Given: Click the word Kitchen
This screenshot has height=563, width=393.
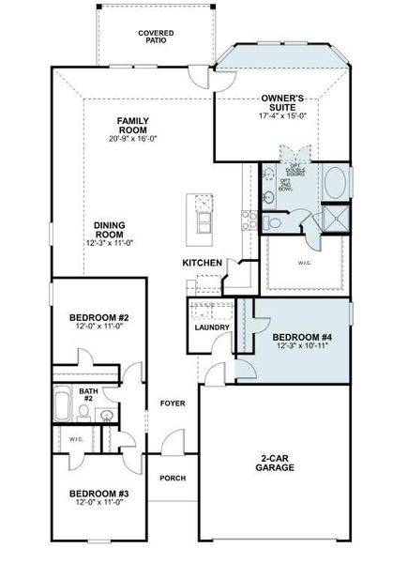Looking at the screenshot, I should [202, 263].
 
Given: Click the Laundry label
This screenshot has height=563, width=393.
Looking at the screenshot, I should [212, 327].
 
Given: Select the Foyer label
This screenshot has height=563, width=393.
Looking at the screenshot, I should [172, 403].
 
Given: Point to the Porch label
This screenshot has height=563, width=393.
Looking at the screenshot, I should [173, 479].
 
